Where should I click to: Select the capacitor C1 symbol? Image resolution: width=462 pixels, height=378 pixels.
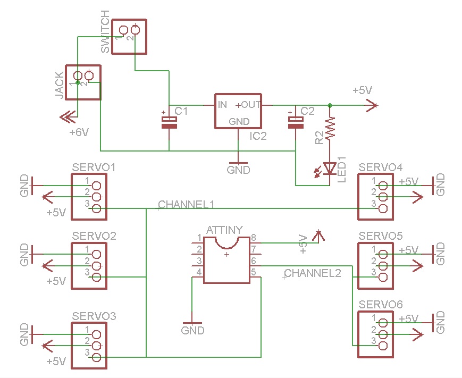169,123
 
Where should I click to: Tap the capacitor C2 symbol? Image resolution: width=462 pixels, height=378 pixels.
295,123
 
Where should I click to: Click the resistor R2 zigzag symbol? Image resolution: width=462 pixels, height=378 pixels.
330,129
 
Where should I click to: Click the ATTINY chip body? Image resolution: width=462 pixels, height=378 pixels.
226,260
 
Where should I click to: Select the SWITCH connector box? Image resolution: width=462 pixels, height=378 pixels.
128,36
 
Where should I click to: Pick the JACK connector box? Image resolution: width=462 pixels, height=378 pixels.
82,82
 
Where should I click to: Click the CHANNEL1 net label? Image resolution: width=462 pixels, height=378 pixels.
187,204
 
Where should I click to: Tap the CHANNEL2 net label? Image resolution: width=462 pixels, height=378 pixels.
313,273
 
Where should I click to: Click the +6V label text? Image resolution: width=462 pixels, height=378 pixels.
79,132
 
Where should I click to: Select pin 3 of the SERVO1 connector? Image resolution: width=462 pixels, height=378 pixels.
96,208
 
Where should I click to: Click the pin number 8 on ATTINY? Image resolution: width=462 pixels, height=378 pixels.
254,238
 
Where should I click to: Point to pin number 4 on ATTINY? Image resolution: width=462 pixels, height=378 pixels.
199,272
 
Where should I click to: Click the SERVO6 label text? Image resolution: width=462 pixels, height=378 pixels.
381,304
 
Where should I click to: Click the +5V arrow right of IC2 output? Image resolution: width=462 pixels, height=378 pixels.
372,106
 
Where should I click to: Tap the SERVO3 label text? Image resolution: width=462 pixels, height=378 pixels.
94,316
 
